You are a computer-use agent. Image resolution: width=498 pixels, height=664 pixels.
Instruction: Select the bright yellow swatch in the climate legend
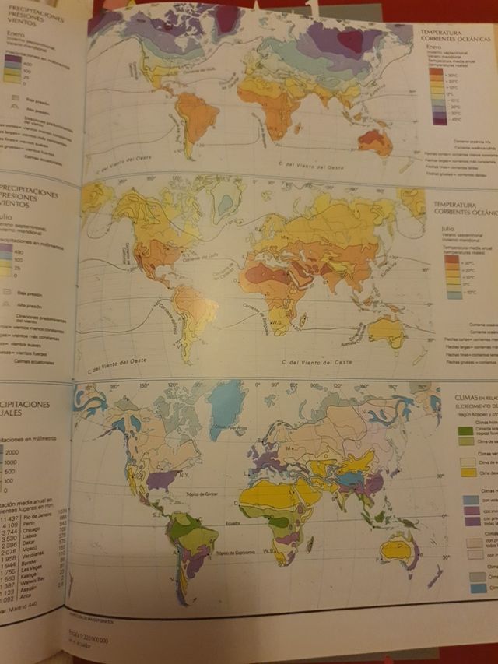468,471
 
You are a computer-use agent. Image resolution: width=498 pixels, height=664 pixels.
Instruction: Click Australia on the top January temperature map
376,142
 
